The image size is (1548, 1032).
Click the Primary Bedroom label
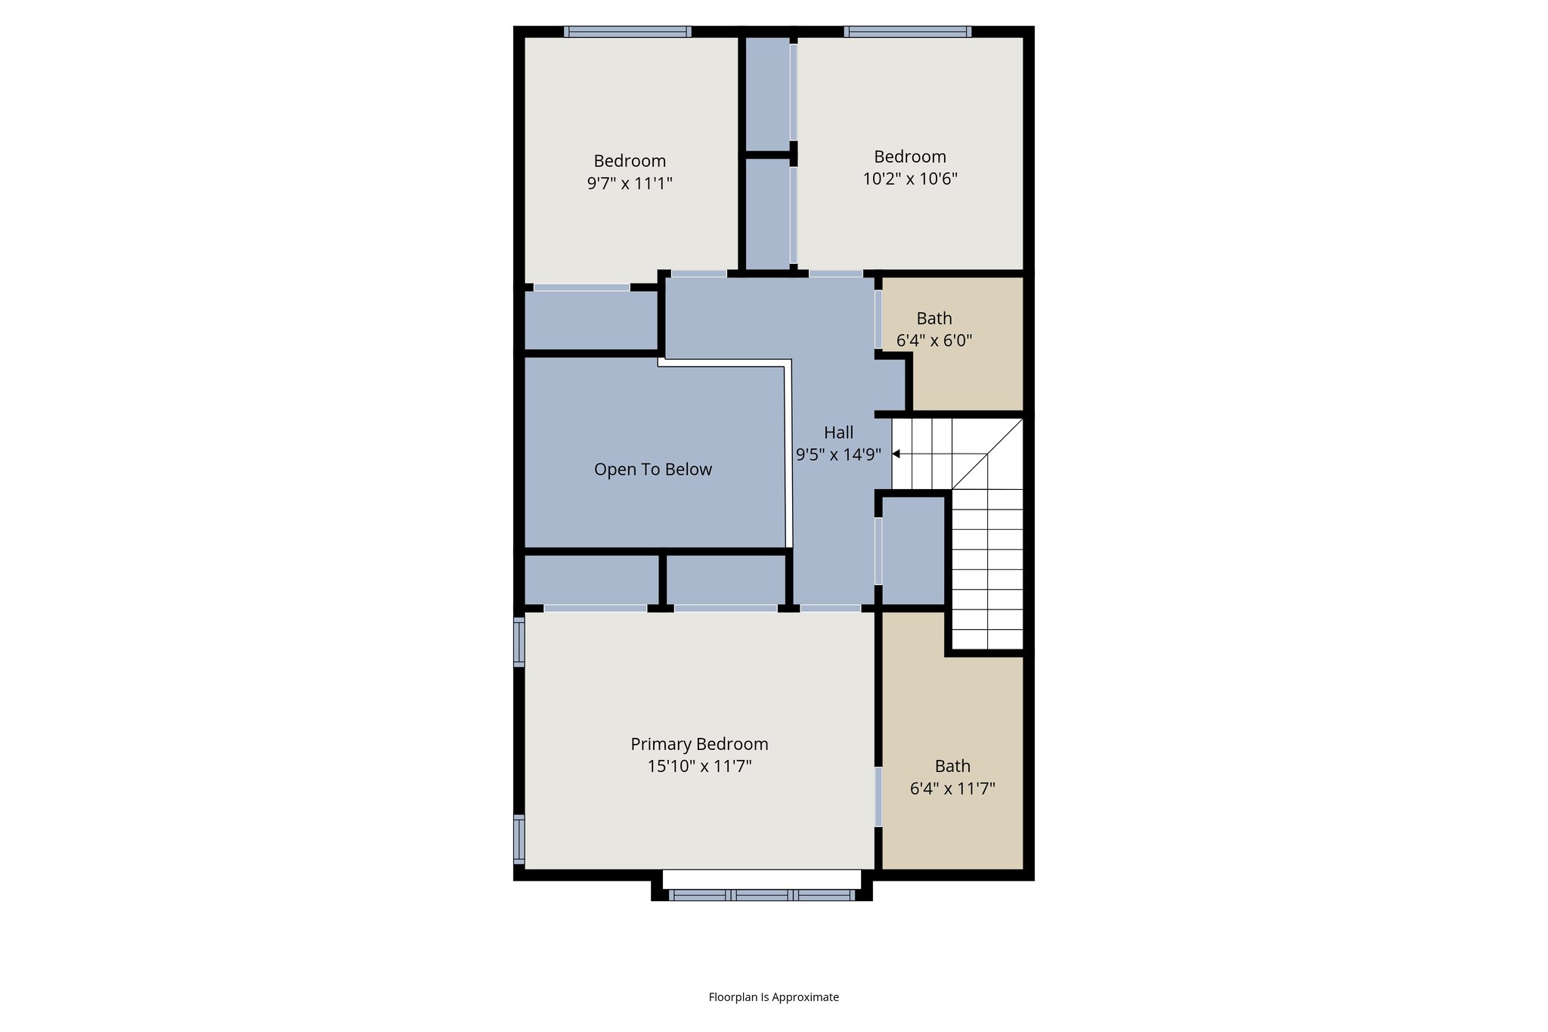[699, 744]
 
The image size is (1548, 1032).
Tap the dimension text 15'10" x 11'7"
[699, 767]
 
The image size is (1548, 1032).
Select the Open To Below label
[652, 470]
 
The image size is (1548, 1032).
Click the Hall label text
[838, 432]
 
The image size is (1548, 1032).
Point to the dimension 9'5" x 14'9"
[838, 455]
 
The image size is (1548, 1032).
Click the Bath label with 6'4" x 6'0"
[933, 318]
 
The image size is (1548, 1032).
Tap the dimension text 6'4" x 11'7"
[952, 789]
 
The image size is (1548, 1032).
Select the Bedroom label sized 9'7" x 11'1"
[630, 161]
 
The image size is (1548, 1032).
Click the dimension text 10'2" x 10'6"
[910, 179]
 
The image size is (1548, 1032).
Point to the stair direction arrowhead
[896, 454]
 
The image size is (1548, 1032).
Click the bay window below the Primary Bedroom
[761, 895]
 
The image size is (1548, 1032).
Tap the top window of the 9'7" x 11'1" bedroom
[627, 32]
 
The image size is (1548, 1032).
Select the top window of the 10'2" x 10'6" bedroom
[907, 32]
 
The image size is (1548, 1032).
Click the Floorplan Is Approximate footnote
[773, 997]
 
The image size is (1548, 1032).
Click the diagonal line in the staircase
[986, 454]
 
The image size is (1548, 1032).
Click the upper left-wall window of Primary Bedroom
[519, 642]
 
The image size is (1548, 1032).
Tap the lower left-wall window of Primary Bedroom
[519, 839]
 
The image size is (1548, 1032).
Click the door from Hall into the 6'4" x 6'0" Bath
[878, 319]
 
